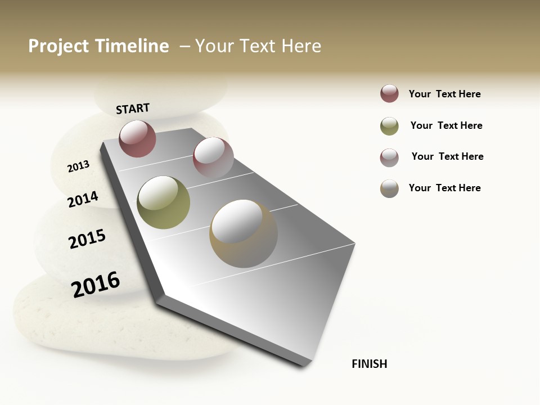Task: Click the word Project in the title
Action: [58, 46]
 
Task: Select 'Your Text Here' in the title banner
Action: [258, 46]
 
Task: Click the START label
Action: [133, 108]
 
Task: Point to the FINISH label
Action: [369, 364]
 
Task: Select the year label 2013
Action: [78, 166]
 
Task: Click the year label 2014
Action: [83, 199]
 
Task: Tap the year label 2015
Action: [87, 239]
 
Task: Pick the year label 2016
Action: [96, 285]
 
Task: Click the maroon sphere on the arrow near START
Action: [137, 138]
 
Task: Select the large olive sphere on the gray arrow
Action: [163, 202]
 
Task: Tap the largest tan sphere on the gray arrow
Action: [243, 233]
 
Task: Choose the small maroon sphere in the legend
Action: [389, 94]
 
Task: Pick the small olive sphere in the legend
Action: [389, 126]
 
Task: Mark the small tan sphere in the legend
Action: [389, 188]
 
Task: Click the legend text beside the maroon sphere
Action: [444, 94]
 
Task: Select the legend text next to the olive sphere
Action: [446, 125]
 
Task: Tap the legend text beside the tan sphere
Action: [444, 188]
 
